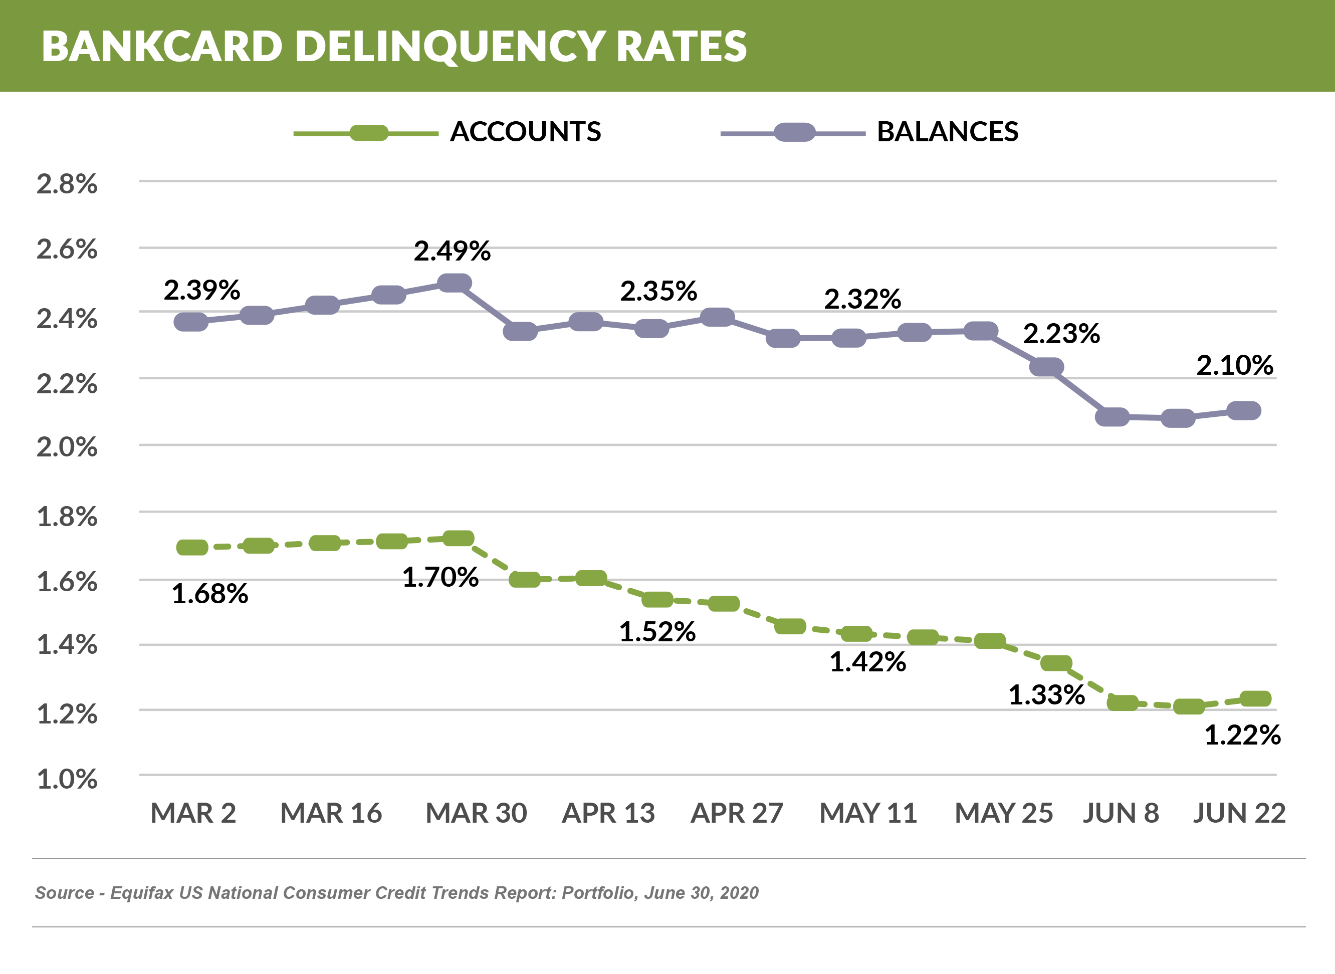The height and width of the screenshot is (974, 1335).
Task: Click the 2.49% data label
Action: click(452, 251)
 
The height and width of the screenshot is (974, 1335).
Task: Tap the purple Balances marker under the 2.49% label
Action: click(455, 283)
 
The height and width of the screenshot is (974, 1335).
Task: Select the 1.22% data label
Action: click(1242, 735)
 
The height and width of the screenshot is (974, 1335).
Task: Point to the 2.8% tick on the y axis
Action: click(67, 184)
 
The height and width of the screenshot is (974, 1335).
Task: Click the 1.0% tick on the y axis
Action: click(67, 780)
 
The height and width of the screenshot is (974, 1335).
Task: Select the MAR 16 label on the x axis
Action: click(331, 813)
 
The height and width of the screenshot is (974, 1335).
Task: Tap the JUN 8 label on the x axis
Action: click(1121, 813)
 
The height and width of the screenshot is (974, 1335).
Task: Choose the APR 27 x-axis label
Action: click(737, 813)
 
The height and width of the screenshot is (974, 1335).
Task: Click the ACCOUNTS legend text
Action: click(525, 131)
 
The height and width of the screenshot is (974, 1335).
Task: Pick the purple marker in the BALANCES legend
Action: click(794, 133)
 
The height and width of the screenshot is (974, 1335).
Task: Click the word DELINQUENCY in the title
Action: click(450, 46)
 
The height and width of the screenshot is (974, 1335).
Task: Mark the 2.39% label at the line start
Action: click(201, 290)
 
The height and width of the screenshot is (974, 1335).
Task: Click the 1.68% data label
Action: click(209, 594)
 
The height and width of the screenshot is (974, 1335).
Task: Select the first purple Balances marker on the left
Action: click(191, 322)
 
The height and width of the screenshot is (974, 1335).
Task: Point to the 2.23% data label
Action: click(1061, 334)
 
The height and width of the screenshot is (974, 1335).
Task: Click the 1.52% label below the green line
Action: click(657, 632)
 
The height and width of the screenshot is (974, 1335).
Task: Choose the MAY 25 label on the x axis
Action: click(1004, 813)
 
